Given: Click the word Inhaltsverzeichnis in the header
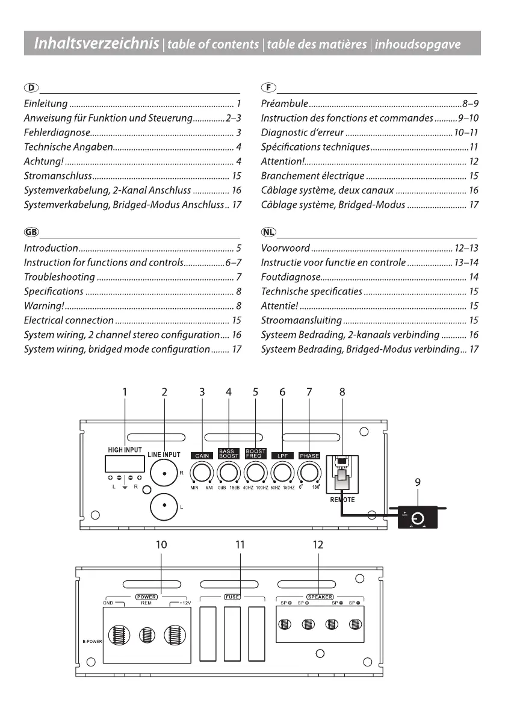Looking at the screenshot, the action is tap(96, 43).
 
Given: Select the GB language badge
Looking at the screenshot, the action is tap(31, 232).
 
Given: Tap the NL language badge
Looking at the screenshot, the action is tap(268, 232).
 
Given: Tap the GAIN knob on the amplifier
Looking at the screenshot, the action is tap(202, 473).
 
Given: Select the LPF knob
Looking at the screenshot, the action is tap(282, 473).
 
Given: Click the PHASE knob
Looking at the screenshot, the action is tap(309, 473).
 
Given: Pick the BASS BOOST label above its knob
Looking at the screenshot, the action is tap(229, 453).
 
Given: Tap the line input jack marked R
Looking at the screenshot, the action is tap(164, 473).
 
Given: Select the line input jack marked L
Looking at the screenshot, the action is tap(164, 507).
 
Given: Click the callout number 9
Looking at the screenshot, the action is tap(418, 482).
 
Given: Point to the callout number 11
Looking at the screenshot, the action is tap(240, 545).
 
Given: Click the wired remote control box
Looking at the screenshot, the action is tap(418, 518).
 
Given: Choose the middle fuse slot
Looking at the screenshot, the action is tap(232, 634).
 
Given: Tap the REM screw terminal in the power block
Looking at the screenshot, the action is tap(147, 635).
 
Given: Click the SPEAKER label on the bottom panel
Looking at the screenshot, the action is tap(320, 597).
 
